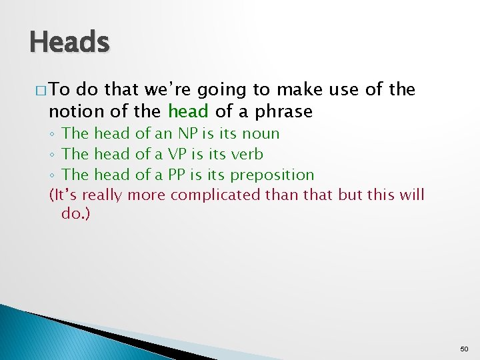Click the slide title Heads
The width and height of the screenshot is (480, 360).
(x=69, y=43)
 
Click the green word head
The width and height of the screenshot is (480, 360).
(x=188, y=110)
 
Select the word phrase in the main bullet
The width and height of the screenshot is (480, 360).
(x=282, y=111)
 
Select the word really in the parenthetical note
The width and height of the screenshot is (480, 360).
(x=103, y=195)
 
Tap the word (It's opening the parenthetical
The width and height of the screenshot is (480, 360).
(x=64, y=195)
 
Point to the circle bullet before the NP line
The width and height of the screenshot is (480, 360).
(x=53, y=134)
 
